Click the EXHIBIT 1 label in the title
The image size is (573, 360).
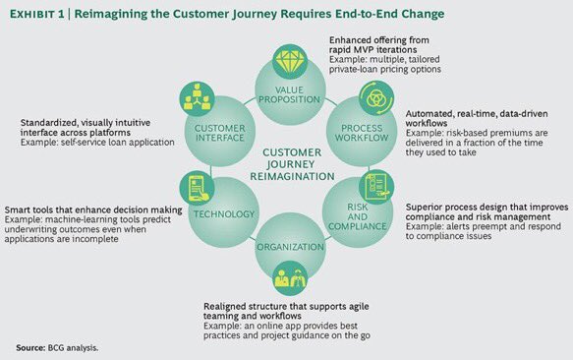(43, 14)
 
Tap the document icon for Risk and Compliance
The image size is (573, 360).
(374, 185)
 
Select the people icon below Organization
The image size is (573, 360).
(287, 278)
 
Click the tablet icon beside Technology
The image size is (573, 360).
(196, 186)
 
